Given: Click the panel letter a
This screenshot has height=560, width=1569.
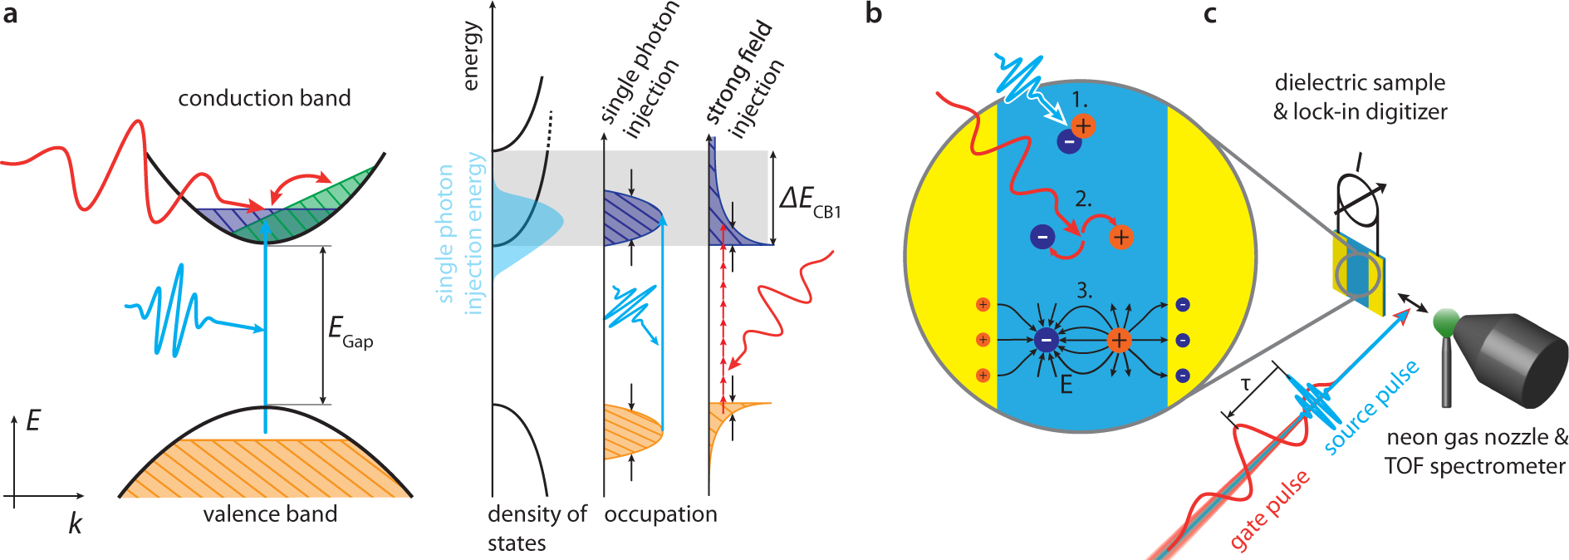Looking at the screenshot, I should click(x=10, y=14).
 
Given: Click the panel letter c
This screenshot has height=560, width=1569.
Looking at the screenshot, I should click(x=1209, y=13).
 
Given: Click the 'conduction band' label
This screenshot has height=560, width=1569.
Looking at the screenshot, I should click(x=264, y=98).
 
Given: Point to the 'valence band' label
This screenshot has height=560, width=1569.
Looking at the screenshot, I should click(x=270, y=513).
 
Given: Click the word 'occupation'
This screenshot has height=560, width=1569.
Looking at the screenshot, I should click(x=660, y=514).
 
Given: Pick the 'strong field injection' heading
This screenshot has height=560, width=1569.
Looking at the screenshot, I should click(x=744, y=79).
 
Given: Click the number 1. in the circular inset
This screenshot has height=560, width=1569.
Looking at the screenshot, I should click(x=1079, y=100).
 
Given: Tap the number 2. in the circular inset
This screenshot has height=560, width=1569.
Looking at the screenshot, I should click(x=1083, y=199).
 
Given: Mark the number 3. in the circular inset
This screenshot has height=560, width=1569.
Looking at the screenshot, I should click(x=1084, y=291).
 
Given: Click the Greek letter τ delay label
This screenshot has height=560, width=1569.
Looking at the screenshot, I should click(x=1245, y=384).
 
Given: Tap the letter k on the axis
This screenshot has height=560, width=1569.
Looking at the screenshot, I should click(x=75, y=523).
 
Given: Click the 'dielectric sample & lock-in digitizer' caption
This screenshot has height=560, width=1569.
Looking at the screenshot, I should click(x=1360, y=97).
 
